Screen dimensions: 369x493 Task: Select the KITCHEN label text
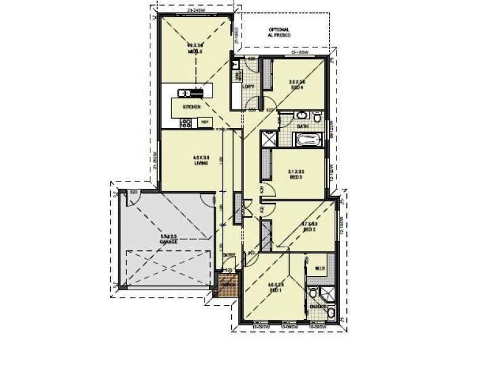pos(191,107)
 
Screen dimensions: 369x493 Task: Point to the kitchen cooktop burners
pos(185,123)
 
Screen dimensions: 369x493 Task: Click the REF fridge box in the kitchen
pos(205,122)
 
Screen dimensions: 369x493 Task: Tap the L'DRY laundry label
pos(248,87)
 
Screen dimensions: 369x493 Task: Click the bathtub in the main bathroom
pos(306,140)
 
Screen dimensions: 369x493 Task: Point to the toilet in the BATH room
pos(317,117)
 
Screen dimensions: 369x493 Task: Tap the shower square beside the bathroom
pos(269,140)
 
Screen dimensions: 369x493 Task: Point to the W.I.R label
pos(320,269)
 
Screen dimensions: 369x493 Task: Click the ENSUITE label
pos(318,305)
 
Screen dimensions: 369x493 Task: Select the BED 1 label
pos(275,288)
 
